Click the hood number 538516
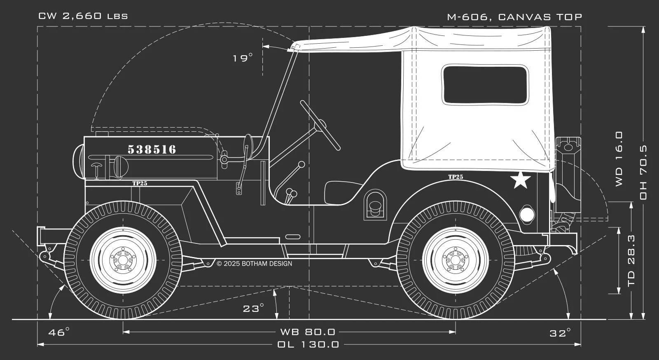pyautogui.click(x=152, y=150)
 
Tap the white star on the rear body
pyautogui.click(x=521, y=180)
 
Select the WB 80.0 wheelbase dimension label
pyautogui.click(x=308, y=332)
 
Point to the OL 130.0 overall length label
pyautogui.click(x=308, y=344)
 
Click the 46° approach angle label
pyautogui.click(x=59, y=332)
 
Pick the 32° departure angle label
pyautogui.click(x=560, y=333)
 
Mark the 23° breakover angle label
pyautogui.click(x=253, y=308)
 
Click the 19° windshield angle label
pyautogui.click(x=243, y=58)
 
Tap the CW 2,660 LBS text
pyautogui.click(x=83, y=16)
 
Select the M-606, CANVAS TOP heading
pyautogui.click(x=514, y=17)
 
